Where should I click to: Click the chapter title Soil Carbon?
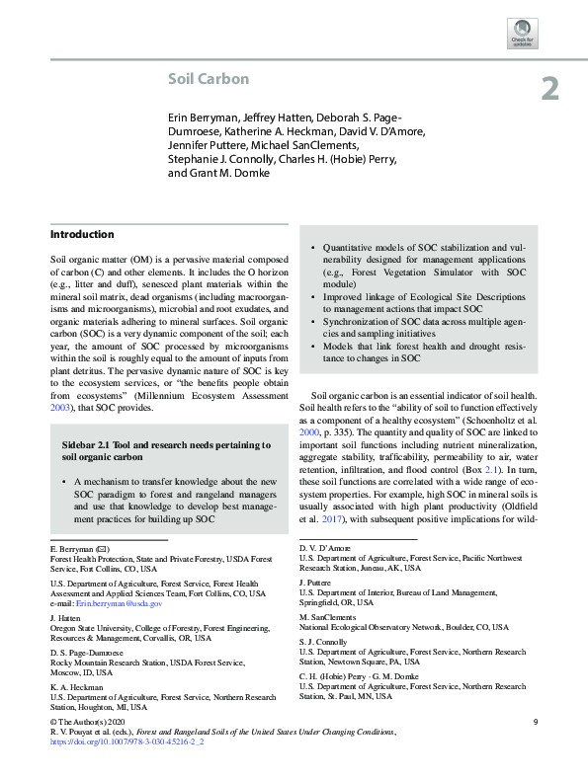tap(207, 79)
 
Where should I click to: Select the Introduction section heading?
tap(82, 234)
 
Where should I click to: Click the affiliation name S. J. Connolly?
tap(324, 640)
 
